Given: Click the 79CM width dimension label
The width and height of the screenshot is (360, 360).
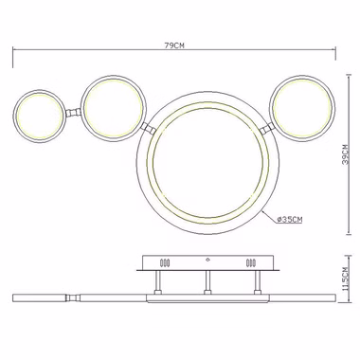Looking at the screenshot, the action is tap(174, 45).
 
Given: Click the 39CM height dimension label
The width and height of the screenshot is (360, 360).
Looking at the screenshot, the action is tap(347, 154).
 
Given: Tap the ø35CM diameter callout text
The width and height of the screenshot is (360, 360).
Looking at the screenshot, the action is tap(289, 220).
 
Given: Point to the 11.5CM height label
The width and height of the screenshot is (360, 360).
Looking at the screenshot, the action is tap(346, 279).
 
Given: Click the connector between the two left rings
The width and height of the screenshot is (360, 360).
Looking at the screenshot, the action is tap(73, 112).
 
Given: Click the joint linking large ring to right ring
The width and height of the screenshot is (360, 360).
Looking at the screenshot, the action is tap(267, 129).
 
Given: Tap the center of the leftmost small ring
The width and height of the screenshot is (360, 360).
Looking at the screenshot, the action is tap(40, 116).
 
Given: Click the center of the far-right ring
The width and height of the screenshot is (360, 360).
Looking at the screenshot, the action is tap(303, 108).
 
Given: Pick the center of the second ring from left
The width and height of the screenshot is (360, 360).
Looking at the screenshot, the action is tap(114, 108).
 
